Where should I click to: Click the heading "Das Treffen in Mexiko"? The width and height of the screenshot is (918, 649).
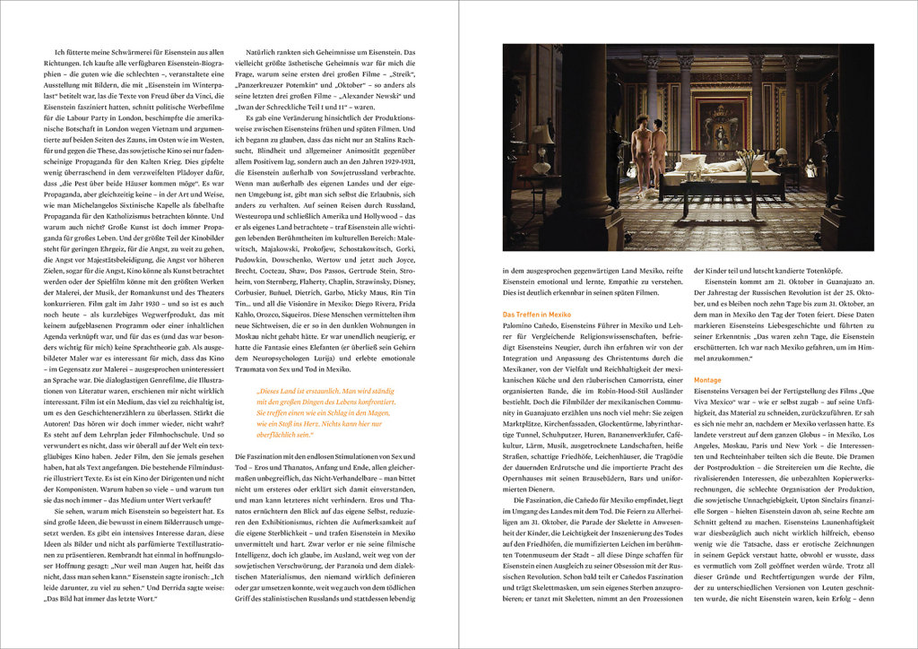coord(536,316)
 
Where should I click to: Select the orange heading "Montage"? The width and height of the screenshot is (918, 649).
coord(707,380)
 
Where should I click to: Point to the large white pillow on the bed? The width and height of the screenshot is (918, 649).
coord(690,164)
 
